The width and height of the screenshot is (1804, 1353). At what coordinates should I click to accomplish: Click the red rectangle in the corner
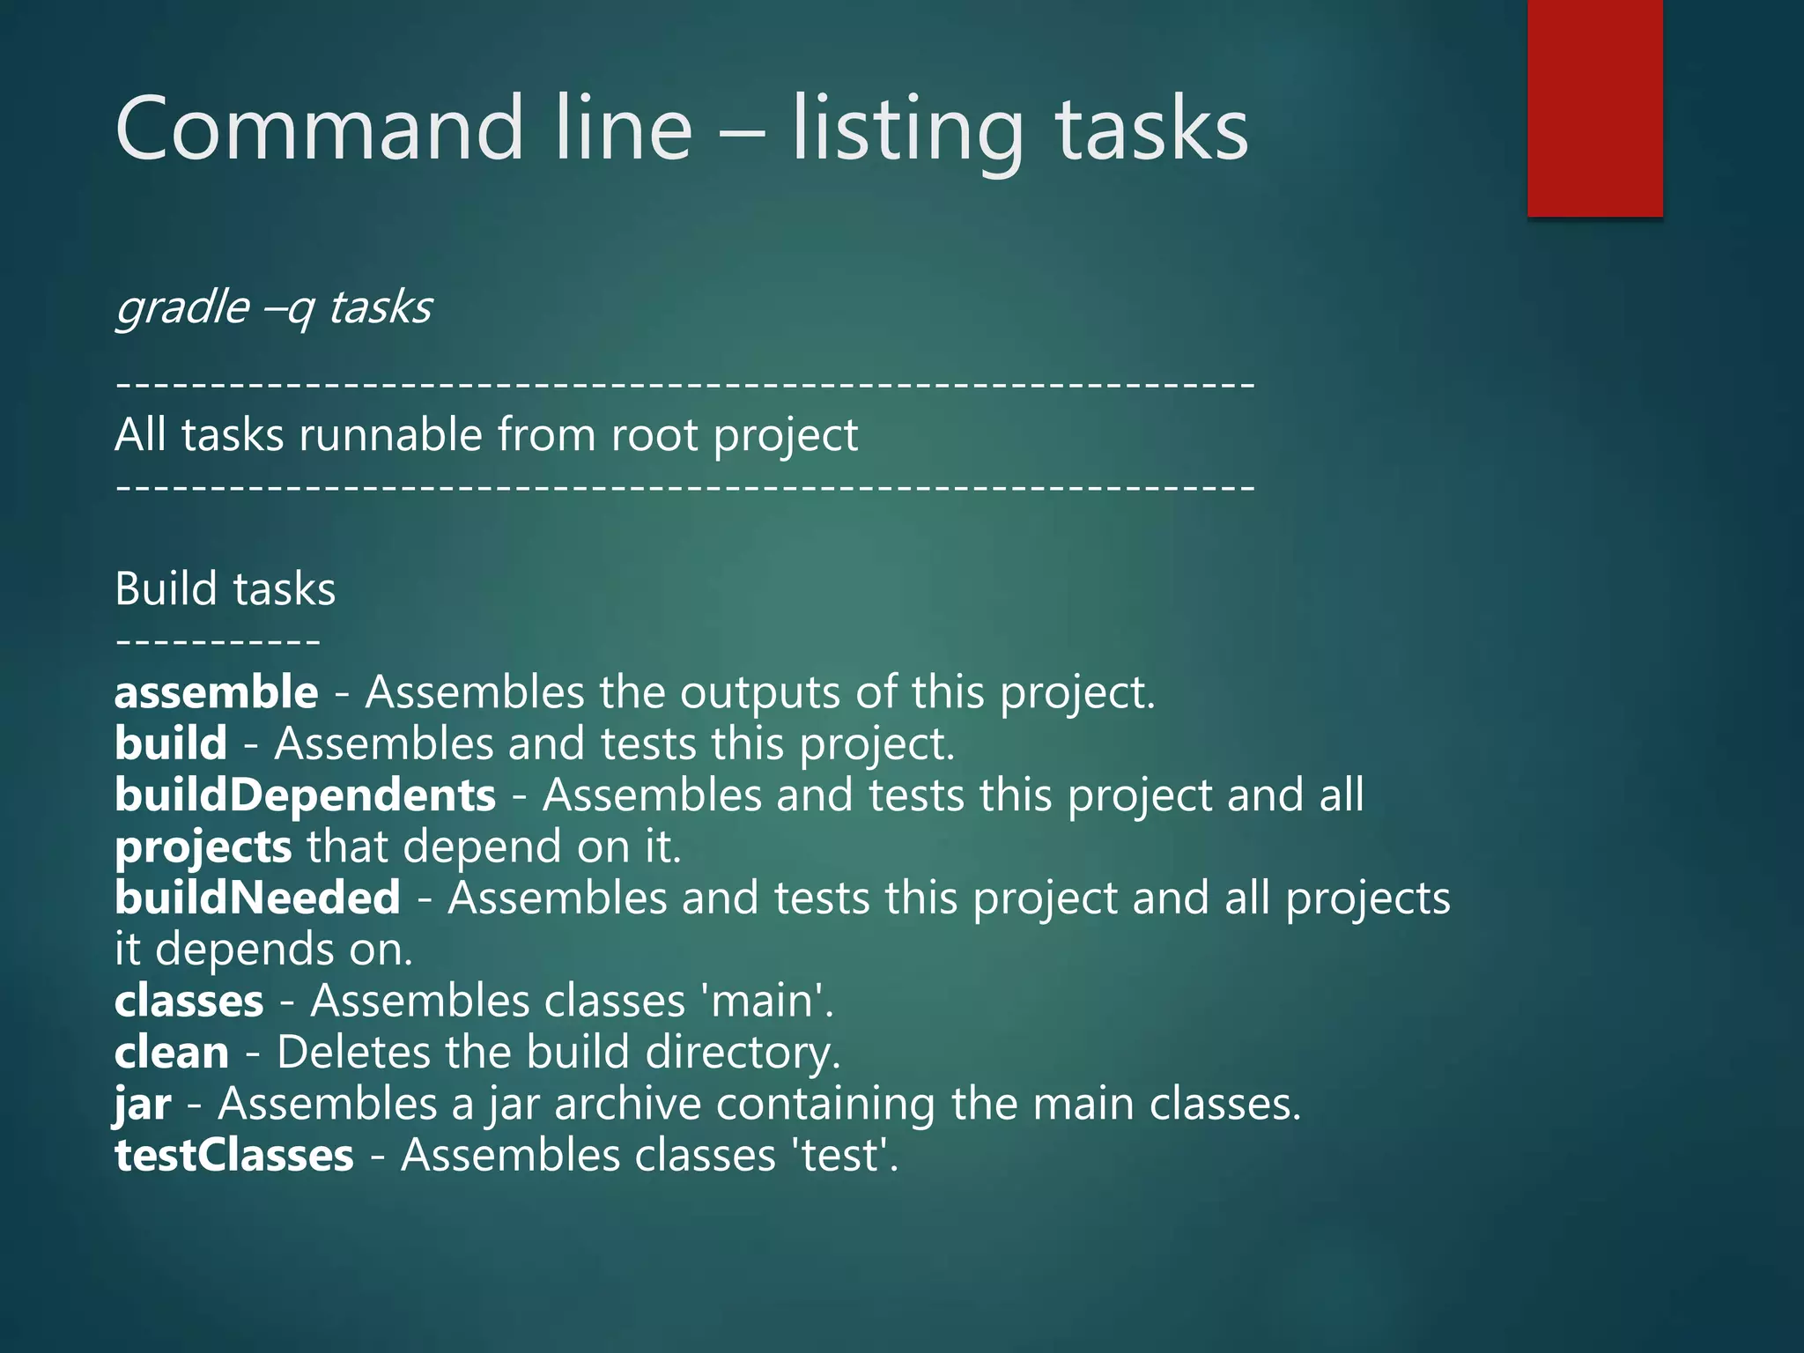(x=1594, y=107)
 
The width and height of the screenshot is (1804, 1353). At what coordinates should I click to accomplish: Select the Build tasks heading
(x=225, y=588)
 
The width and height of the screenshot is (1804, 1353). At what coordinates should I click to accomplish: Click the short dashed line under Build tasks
(x=218, y=641)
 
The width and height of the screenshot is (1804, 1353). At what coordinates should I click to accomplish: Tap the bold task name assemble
(x=217, y=692)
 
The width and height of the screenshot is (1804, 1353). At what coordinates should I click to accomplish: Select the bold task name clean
(x=172, y=1053)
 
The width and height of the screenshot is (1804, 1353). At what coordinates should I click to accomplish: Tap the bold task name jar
(x=143, y=1105)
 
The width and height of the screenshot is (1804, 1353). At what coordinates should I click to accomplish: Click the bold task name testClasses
(x=234, y=1156)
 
